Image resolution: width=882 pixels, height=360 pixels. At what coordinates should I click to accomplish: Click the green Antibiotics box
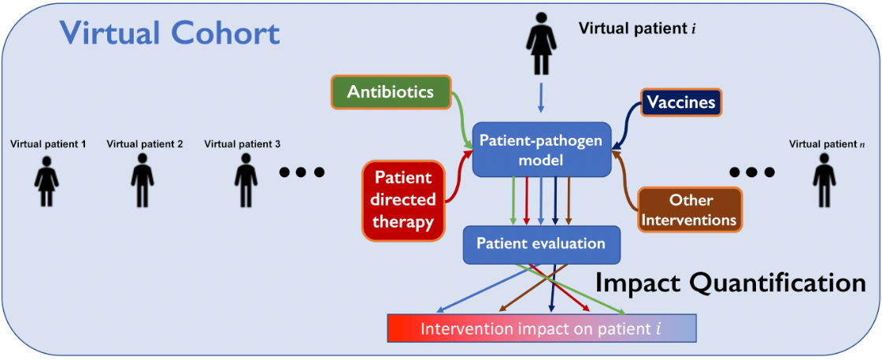click(x=390, y=92)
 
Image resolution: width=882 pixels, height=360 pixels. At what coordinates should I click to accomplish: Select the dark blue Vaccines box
click(x=681, y=102)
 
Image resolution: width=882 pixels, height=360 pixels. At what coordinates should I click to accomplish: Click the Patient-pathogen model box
click(x=541, y=150)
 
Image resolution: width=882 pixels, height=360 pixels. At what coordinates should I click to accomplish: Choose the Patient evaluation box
click(x=542, y=244)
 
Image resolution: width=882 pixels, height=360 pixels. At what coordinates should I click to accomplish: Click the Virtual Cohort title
click(x=170, y=33)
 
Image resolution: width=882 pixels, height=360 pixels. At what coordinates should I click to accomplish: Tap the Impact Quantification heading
click(x=730, y=283)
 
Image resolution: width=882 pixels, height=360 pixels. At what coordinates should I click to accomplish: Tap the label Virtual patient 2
click(x=144, y=144)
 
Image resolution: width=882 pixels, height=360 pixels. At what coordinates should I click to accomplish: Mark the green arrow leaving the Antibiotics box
click(x=458, y=114)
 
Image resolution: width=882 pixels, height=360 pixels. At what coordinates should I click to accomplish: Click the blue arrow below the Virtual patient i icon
click(x=541, y=99)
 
